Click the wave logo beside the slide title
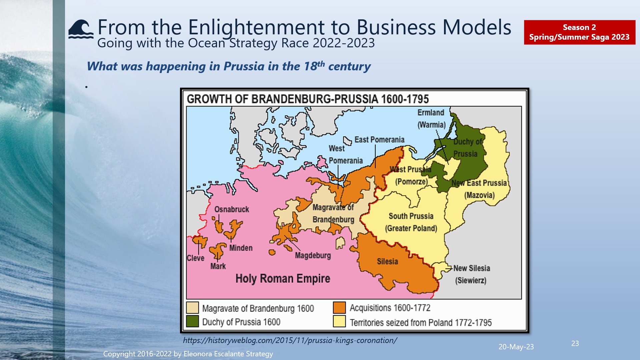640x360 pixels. click(x=81, y=29)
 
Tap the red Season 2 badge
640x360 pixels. click(x=579, y=32)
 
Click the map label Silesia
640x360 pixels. click(x=387, y=261)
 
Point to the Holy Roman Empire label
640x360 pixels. click(x=283, y=278)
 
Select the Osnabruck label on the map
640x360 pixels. click(x=232, y=209)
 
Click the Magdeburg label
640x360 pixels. click(x=313, y=255)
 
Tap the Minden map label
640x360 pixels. click(x=241, y=248)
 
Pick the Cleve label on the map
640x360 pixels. click(x=195, y=258)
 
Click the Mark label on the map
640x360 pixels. click(x=218, y=266)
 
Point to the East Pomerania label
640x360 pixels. click(x=379, y=140)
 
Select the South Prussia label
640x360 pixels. click(x=411, y=216)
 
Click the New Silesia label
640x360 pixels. click(x=472, y=268)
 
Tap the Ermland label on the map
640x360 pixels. click(x=431, y=113)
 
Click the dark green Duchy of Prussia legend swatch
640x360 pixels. click(x=193, y=321)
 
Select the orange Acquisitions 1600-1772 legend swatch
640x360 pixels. click(x=339, y=307)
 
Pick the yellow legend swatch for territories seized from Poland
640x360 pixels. click(x=339, y=322)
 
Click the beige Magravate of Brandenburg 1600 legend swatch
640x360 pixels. click(x=193, y=307)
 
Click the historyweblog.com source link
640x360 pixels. click(x=290, y=340)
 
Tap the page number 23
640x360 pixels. click(x=575, y=343)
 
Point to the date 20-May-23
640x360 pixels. click(x=516, y=347)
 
